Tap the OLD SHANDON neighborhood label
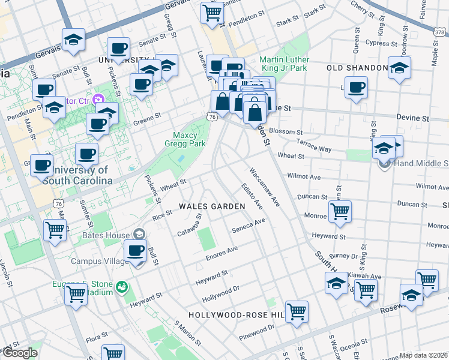point(357,68)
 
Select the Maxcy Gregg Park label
point(185,139)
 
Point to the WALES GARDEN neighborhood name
point(212,206)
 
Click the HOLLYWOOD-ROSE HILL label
point(235,314)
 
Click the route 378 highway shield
point(439,32)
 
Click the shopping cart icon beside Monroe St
point(340,211)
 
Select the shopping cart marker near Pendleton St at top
point(212,12)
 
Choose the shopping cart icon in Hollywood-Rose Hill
point(297,311)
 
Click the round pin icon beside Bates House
point(139,233)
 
